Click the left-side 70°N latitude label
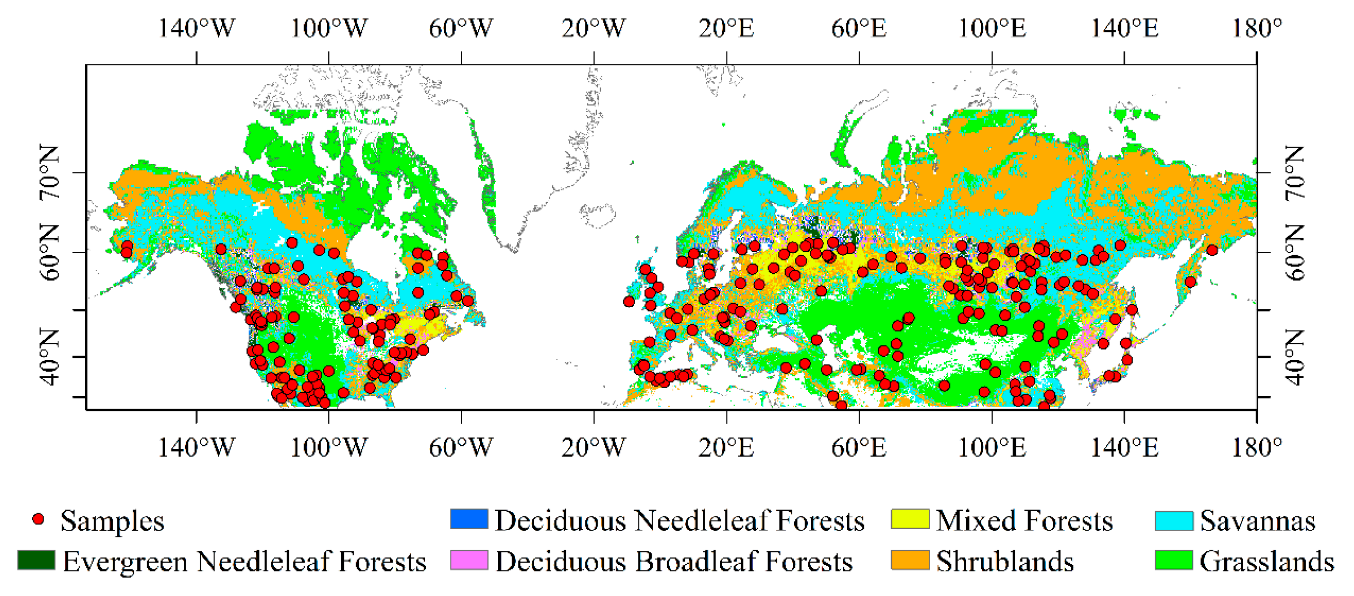click(x=49, y=172)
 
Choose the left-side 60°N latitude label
click(x=49, y=252)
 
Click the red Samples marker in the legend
click(x=38, y=519)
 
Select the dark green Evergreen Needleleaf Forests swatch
click(x=36, y=560)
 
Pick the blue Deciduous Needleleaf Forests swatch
click(x=469, y=519)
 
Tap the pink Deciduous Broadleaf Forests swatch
click(x=469, y=560)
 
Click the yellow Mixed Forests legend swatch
click(x=910, y=519)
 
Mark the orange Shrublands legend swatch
click(x=910, y=560)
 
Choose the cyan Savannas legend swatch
click(x=1174, y=519)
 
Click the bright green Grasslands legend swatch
click(x=1174, y=560)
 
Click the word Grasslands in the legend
click(x=1267, y=561)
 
